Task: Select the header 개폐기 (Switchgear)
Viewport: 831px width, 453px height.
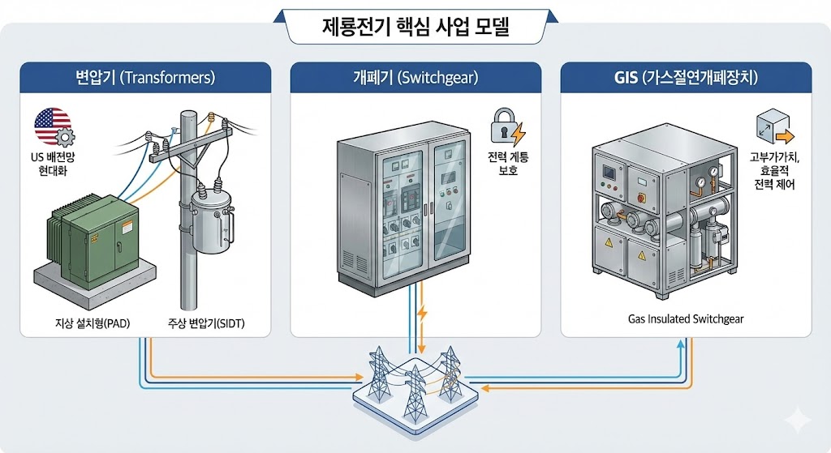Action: tap(415, 79)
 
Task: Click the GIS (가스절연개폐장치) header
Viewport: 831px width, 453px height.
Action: tap(685, 79)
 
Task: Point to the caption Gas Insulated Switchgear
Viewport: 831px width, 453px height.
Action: tap(686, 318)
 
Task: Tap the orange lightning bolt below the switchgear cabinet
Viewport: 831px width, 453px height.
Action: tap(421, 313)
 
